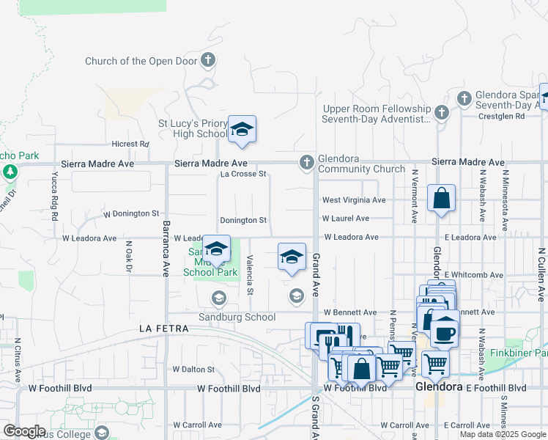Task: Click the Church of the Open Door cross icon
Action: point(208,60)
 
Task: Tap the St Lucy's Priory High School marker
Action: point(241,131)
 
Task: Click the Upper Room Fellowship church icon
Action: point(441,112)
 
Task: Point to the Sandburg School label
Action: point(238,318)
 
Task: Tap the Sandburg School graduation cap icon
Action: point(218,298)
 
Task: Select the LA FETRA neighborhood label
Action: point(165,330)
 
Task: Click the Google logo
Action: point(24,431)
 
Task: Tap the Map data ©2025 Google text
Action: point(502,434)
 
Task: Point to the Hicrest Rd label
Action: point(130,144)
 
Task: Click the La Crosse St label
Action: point(243,175)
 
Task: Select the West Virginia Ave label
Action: point(354,200)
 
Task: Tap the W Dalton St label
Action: point(193,370)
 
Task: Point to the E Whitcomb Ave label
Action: point(473,275)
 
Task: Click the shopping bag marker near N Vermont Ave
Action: point(441,199)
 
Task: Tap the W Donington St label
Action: point(131,214)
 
